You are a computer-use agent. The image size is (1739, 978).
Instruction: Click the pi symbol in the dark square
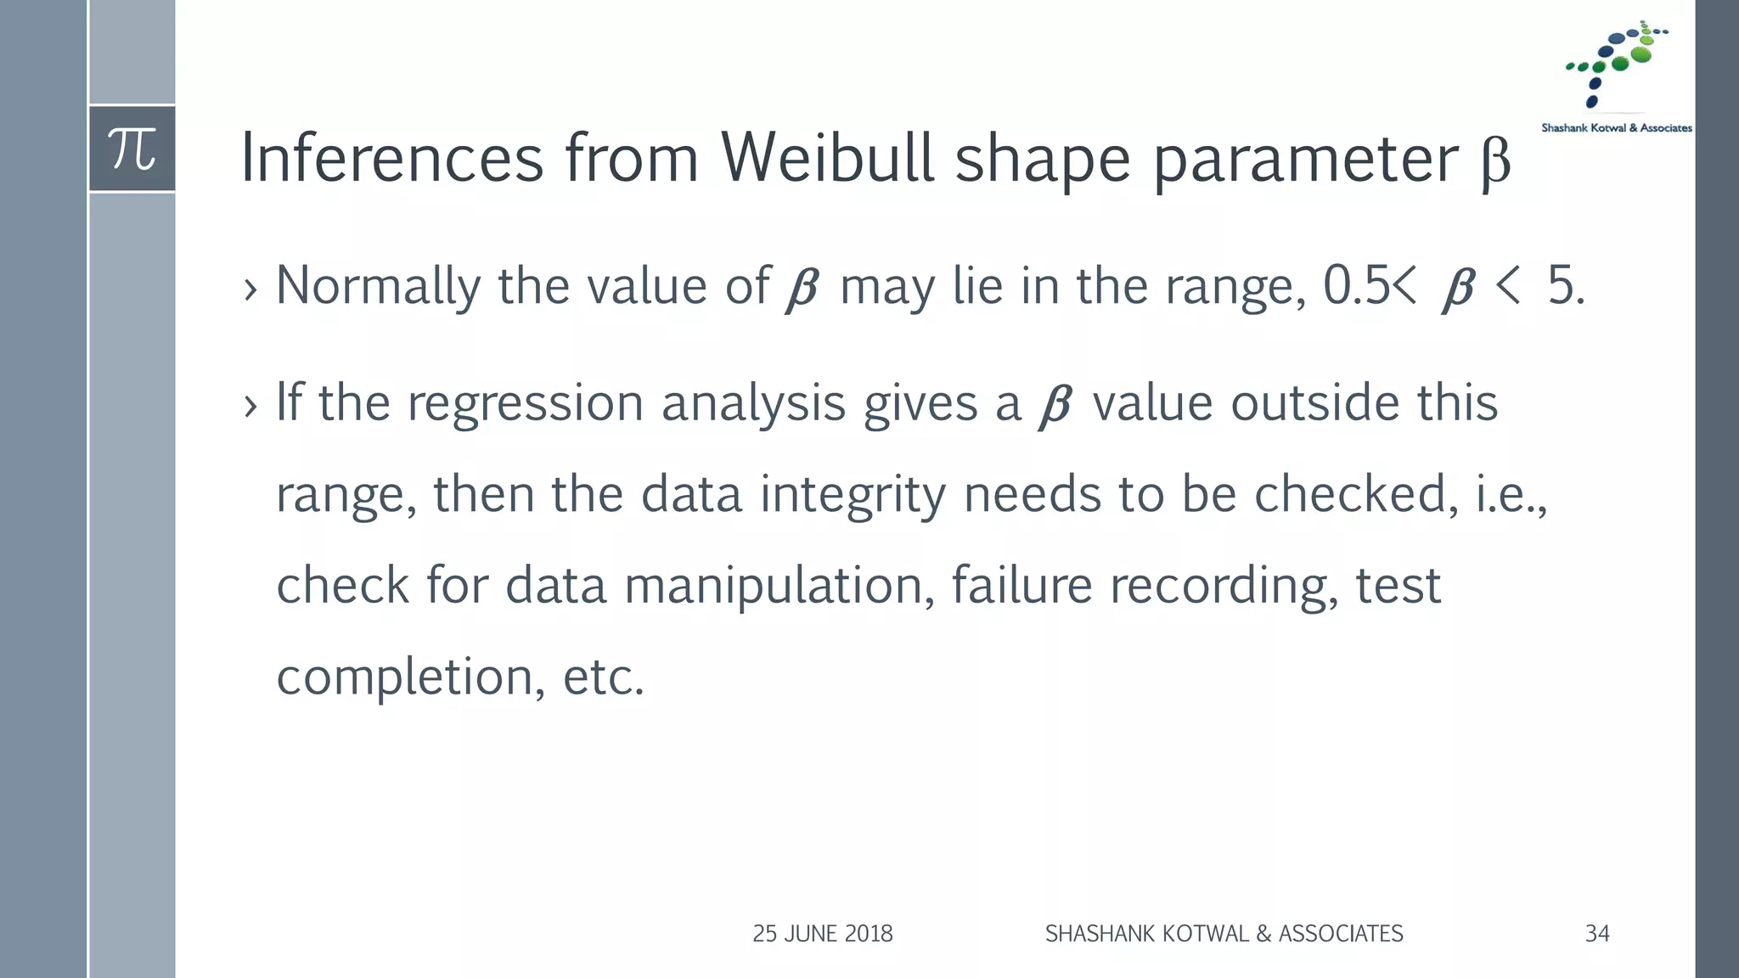(132, 149)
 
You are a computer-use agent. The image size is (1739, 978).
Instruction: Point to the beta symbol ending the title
(1495, 161)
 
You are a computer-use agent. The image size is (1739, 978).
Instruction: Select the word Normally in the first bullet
(378, 287)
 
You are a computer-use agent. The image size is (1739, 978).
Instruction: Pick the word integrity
(853, 495)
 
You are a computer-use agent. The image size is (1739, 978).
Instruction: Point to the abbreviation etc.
(603, 677)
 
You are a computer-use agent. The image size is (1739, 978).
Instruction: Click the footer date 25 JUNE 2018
(822, 934)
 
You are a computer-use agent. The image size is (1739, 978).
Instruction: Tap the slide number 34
(1597, 934)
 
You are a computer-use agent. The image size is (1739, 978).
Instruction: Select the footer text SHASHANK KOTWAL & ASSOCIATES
(1224, 934)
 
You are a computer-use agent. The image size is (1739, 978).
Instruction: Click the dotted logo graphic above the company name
(1616, 64)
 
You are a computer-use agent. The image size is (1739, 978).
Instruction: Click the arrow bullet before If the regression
(250, 407)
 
